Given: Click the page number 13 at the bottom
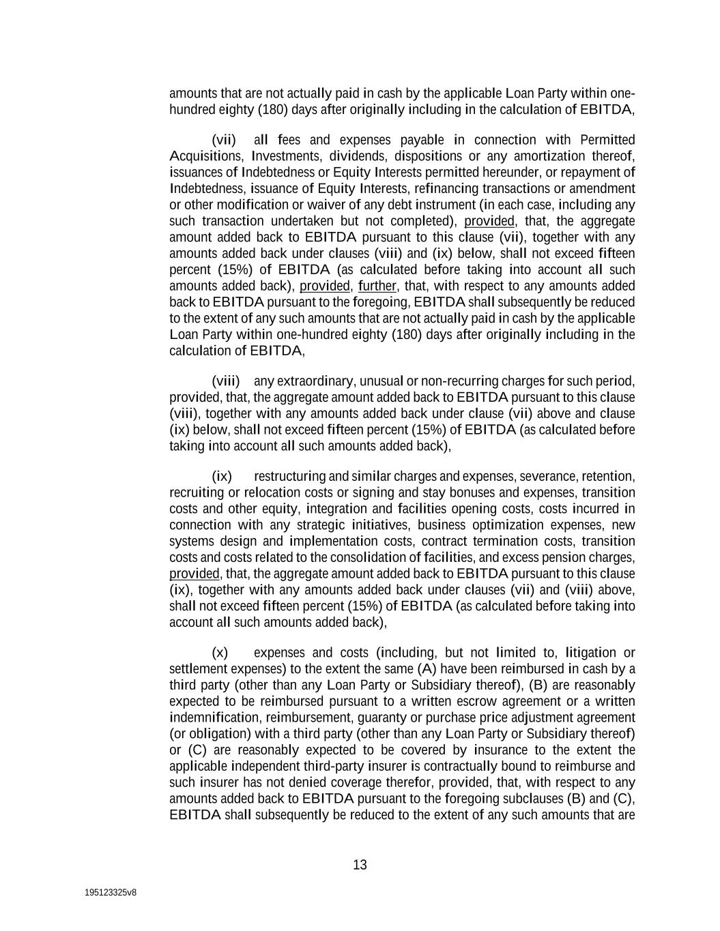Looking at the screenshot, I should coord(360,865).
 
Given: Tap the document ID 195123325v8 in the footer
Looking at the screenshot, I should coord(111,892).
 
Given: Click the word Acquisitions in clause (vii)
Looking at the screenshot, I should coord(202,156).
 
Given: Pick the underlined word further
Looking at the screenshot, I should coord(377,286).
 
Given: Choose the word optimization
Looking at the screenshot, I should coord(508,525).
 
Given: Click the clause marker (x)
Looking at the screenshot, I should coord(220,653).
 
